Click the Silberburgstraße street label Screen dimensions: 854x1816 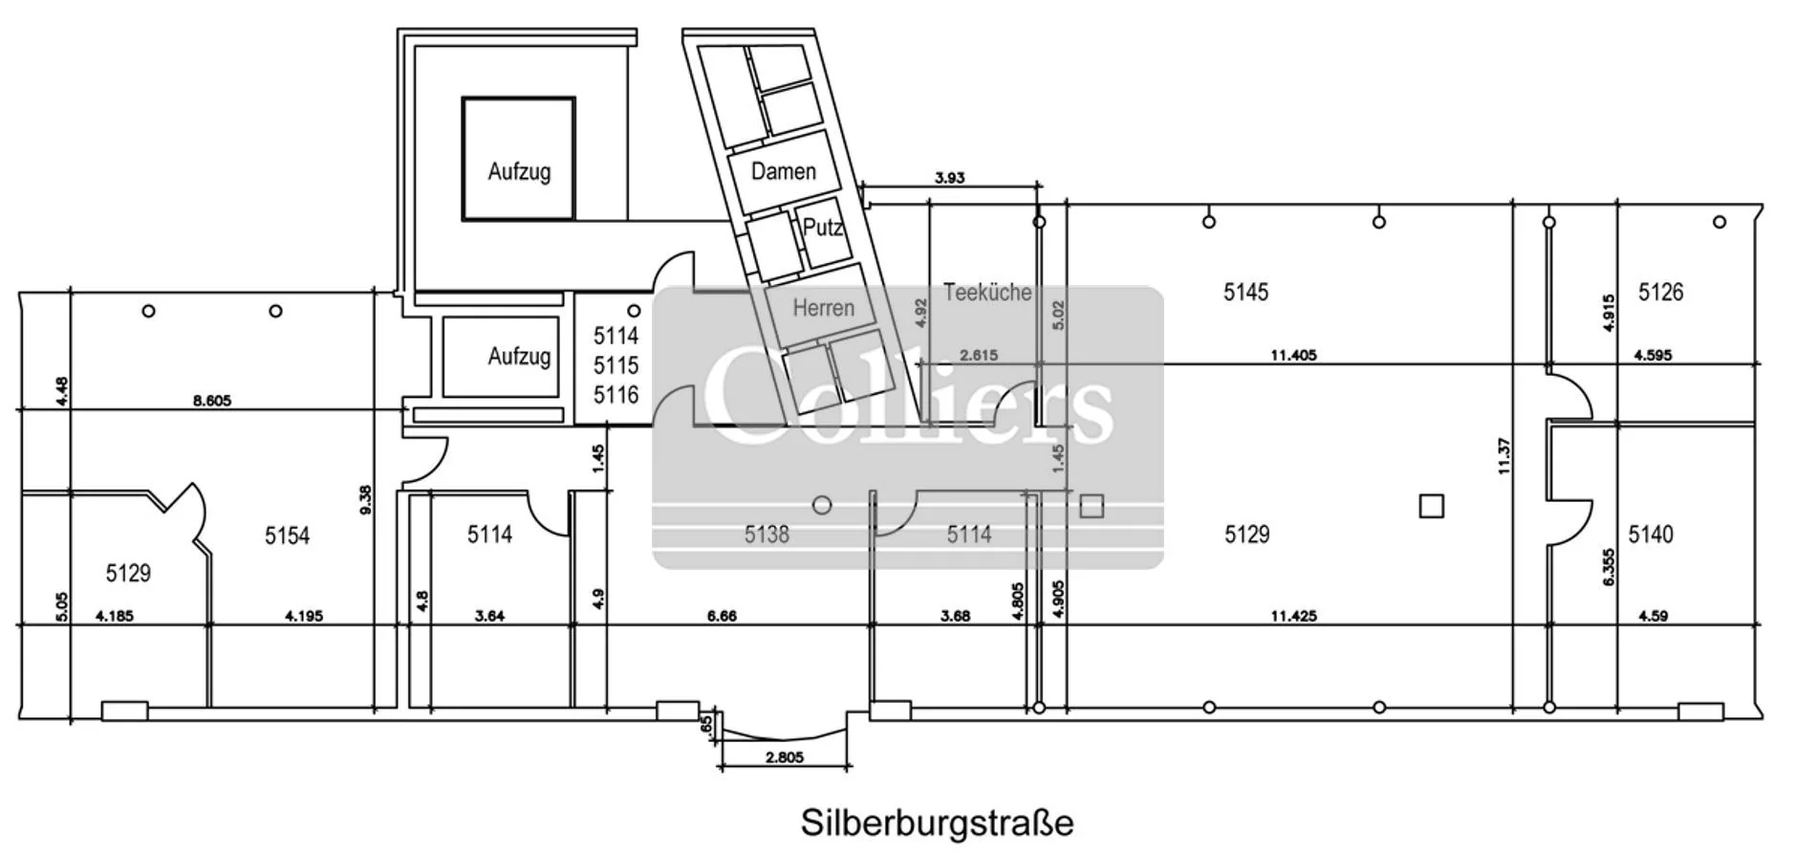click(x=937, y=822)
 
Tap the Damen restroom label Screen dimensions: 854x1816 click(x=783, y=171)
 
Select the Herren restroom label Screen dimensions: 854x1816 click(x=823, y=307)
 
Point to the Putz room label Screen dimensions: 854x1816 click(x=822, y=228)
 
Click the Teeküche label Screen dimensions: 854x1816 click(x=987, y=292)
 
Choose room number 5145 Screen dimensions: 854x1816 click(x=1245, y=292)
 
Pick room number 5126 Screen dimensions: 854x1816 click(x=1660, y=292)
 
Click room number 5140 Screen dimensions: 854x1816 click(x=1651, y=534)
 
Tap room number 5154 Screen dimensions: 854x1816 click(x=287, y=536)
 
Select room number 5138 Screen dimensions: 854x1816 click(x=767, y=534)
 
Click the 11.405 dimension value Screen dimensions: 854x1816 click(x=1293, y=355)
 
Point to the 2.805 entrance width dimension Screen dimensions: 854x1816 click(x=784, y=757)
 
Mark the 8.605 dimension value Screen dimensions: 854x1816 click(x=212, y=401)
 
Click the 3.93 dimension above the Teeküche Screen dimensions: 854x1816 click(x=949, y=177)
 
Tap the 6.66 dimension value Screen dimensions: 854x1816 click(x=722, y=616)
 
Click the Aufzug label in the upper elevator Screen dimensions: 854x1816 click(x=519, y=172)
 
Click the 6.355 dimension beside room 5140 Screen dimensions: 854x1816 click(x=1610, y=566)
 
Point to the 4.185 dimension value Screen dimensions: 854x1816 click(x=115, y=616)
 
